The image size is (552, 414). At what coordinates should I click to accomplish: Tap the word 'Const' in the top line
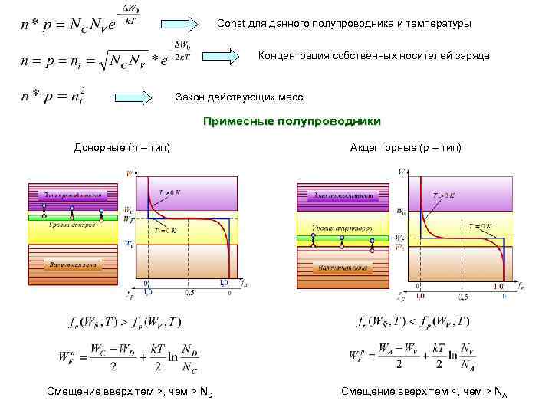coord(231,24)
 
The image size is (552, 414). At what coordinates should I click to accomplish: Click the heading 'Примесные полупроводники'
coord(291,121)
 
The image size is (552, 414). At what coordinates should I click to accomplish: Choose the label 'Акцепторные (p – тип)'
coord(406,146)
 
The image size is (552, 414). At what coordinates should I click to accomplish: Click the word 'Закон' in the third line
coord(192,97)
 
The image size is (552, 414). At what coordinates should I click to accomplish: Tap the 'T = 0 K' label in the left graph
coord(167,230)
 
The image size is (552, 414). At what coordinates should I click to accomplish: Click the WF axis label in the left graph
coord(127,219)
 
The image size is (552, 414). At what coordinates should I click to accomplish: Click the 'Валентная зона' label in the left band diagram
coord(73,263)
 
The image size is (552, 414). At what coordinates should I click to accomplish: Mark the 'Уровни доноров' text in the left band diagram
coord(74,225)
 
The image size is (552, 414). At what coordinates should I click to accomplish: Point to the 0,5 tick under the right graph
coord(462,296)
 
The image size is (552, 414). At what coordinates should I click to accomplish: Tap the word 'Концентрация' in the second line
coord(291,56)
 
